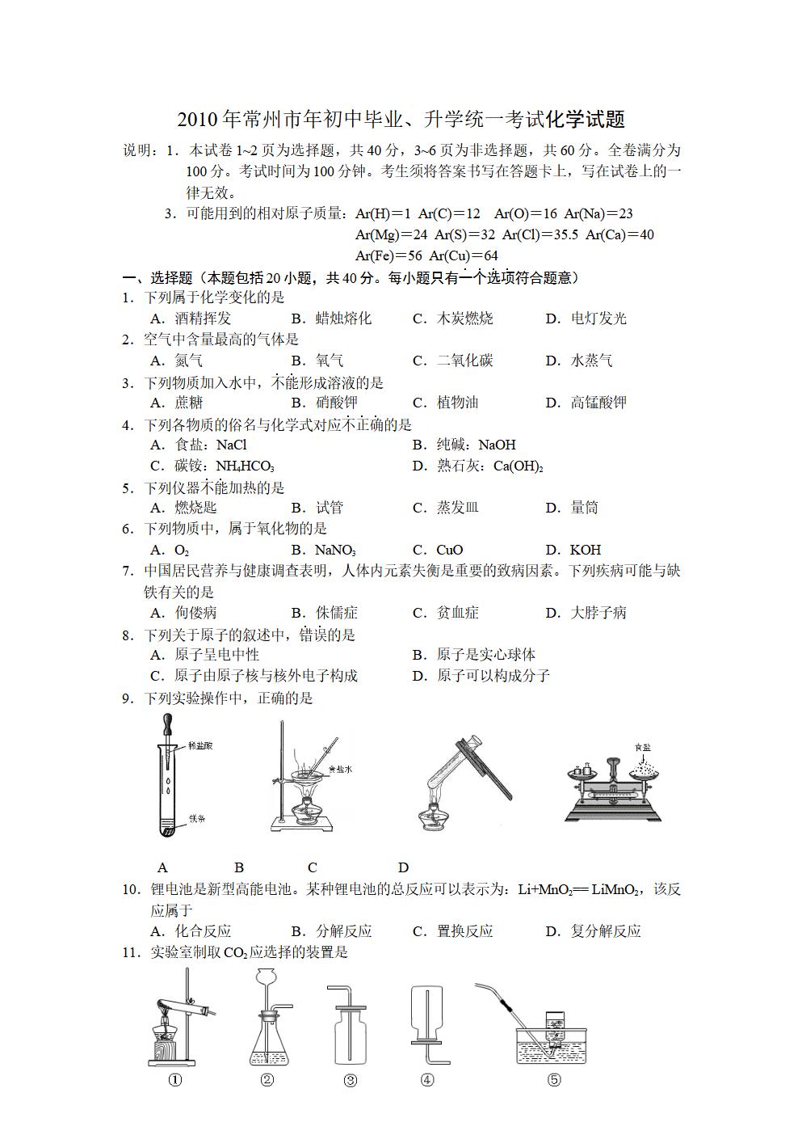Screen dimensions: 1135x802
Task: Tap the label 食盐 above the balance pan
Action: [x=642, y=746]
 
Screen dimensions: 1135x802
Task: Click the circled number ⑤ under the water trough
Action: [x=553, y=1080]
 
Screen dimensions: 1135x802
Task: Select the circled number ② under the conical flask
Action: [x=267, y=1080]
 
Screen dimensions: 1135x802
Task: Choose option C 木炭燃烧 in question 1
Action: [x=464, y=319]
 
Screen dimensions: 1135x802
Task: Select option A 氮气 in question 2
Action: [x=188, y=361]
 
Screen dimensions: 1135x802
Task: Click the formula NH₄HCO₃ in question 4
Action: [x=245, y=466]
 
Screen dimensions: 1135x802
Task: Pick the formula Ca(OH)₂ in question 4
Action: [x=518, y=466]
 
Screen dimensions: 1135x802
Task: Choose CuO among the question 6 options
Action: [x=449, y=551]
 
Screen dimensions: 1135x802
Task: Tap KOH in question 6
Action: [x=585, y=551]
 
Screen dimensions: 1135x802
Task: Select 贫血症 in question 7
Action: [x=457, y=613]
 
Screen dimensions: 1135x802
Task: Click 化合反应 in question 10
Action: [x=203, y=931]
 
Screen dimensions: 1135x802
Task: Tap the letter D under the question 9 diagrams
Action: [x=403, y=867]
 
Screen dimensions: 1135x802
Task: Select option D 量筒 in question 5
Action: [x=584, y=508]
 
